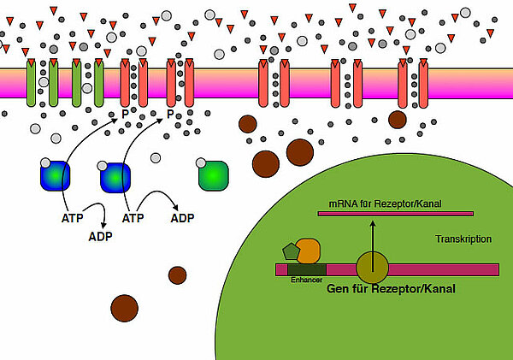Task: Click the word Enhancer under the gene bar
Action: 305,279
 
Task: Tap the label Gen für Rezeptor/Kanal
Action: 391,289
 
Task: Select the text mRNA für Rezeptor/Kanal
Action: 373,204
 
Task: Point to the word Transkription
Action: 463,239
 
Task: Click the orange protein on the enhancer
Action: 308,251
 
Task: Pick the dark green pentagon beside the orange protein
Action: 291,251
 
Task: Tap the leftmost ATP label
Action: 73,218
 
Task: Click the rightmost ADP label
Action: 182,218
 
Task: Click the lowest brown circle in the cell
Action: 125,305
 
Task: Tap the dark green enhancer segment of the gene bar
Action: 306,269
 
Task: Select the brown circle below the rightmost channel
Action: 398,119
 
